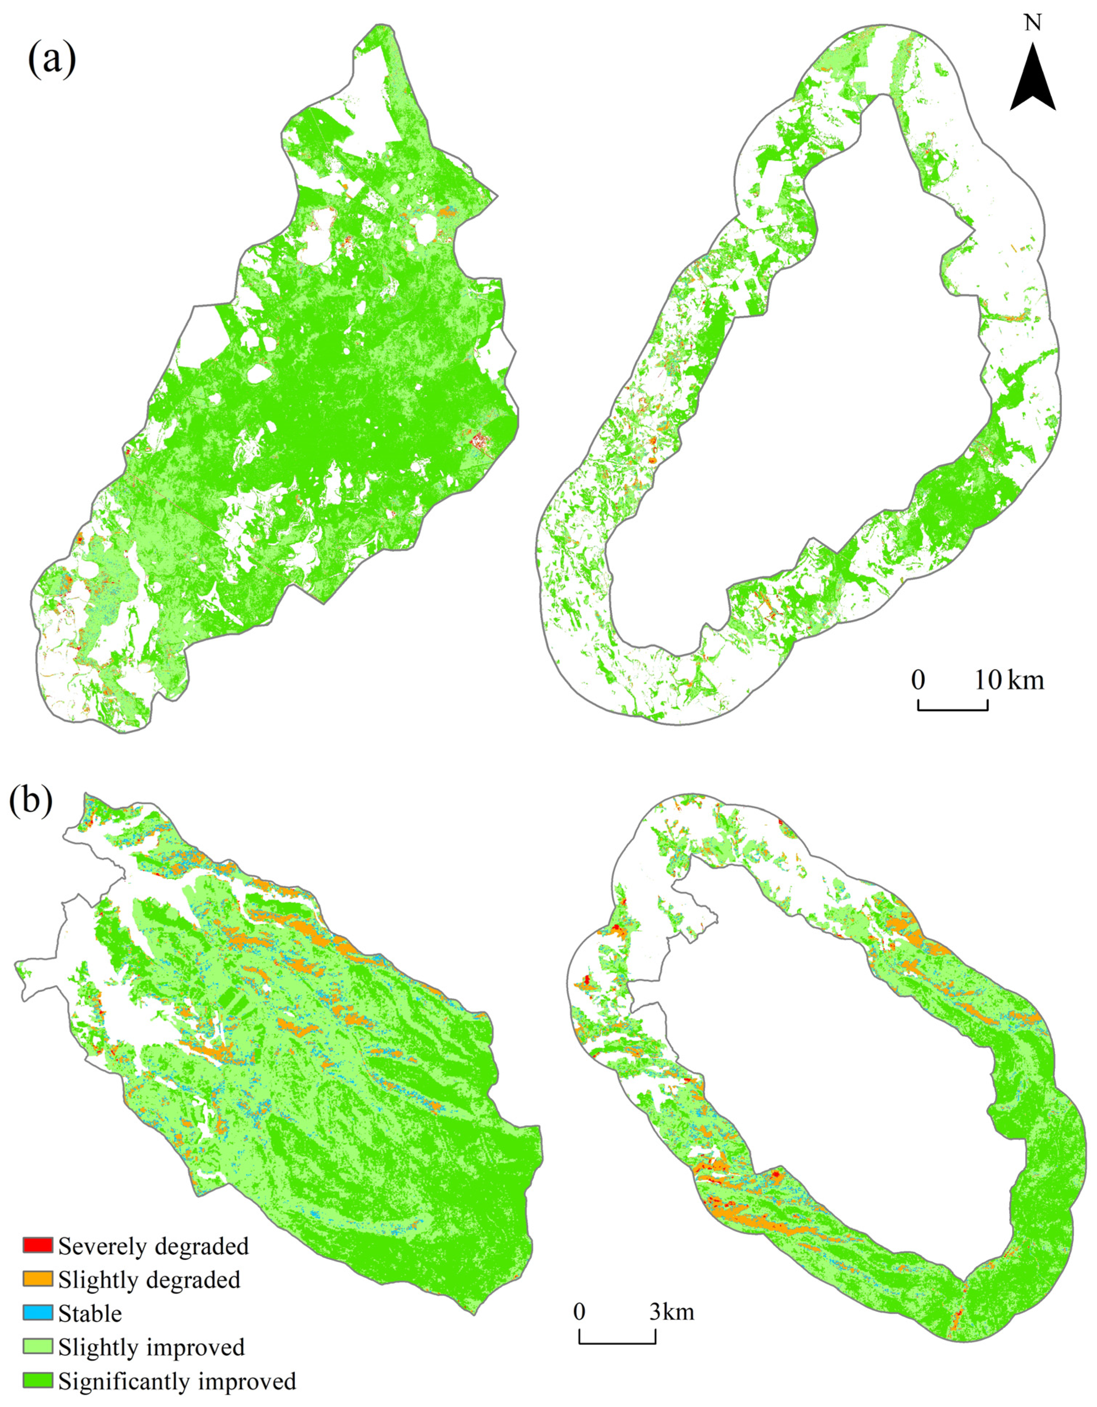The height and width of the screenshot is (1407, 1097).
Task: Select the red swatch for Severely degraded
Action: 37,1247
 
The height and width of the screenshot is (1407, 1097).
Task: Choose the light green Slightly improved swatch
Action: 37,1347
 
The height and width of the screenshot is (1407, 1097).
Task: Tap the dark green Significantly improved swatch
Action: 37,1381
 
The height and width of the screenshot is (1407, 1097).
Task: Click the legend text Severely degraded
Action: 153,1247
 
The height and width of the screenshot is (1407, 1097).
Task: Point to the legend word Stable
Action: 90,1314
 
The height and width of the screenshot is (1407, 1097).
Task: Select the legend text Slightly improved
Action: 151,1348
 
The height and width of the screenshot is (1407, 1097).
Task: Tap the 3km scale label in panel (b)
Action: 672,1313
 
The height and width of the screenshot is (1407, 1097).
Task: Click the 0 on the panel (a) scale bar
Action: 918,680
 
